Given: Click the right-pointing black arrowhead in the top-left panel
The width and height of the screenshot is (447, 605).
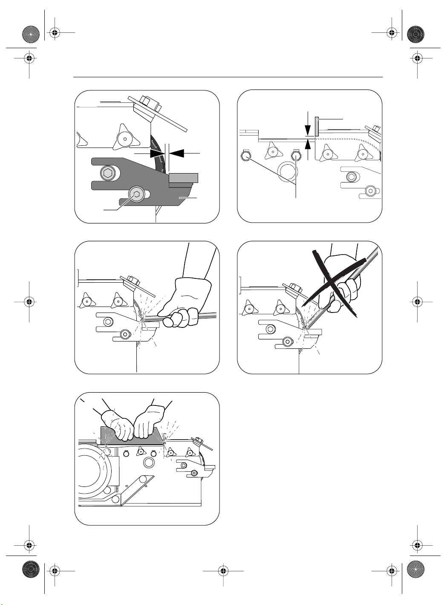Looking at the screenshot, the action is tap(157, 153).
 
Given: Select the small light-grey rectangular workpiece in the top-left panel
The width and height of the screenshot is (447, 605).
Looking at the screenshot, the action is tap(183, 178).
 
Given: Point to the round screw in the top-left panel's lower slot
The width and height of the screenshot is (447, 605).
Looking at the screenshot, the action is tap(136, 194).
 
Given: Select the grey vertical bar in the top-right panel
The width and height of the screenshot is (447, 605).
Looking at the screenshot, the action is tap(317, 127).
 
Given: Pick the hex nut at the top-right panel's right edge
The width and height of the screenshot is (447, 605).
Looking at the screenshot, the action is tap(376, 128).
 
